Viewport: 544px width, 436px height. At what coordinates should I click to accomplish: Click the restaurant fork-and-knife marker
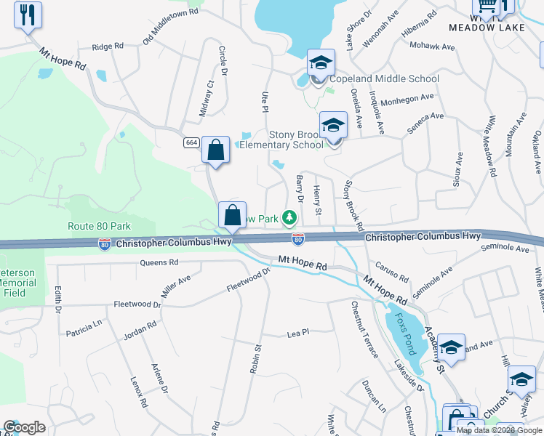(28, 15)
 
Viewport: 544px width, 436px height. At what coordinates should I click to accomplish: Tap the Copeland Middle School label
(384, 78)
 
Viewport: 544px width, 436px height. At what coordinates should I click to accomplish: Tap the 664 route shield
(191, 142)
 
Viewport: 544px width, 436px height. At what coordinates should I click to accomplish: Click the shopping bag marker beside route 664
(215, 150)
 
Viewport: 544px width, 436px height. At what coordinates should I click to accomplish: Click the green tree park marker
(289, 217)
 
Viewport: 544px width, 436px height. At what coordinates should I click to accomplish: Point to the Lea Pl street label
(298, 332)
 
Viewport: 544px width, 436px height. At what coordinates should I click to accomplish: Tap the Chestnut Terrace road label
(364, 330)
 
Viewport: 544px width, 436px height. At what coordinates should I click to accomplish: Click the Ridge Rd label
(108, 47)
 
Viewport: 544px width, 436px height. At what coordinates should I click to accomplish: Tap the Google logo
(24, 427)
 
